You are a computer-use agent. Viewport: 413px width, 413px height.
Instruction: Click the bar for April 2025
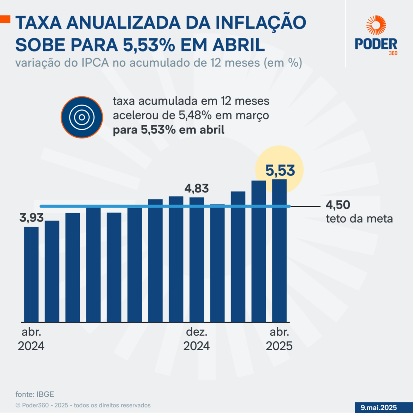pos(279,251)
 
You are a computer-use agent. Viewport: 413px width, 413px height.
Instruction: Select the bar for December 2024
pos(197,259)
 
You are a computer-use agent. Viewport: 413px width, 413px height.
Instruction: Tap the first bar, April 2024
pos(31,274)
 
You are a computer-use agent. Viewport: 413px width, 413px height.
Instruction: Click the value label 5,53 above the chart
pos(280,170)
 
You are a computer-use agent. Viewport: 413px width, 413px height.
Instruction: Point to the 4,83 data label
pos(197,188)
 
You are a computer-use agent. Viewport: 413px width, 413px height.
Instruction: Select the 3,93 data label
pos(31,218)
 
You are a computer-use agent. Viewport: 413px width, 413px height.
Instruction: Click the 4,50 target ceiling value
pos(338,205)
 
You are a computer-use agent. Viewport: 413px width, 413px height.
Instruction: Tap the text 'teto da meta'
pos(359,219)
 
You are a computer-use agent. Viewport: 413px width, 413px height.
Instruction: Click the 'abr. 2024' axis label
pos(31,339)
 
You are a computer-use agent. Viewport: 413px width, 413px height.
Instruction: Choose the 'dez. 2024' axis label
pos(197,339)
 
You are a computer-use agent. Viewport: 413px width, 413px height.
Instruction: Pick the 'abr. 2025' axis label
pos(279,339)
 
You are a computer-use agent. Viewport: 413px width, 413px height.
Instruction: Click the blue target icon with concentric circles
pos(82,117)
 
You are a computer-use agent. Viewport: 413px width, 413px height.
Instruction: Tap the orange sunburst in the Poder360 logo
pos(376,25)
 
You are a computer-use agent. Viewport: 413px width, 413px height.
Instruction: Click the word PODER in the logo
pos(376,44)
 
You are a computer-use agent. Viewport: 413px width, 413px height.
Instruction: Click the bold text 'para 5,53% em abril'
pos(168,130)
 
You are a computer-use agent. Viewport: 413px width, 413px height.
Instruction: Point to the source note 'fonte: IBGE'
pos(35,394)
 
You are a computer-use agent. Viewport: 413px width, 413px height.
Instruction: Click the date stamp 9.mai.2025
pos(379,407)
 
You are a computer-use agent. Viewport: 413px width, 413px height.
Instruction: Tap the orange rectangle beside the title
pos(5,19)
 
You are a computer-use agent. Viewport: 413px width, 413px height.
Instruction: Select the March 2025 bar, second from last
pos(258,251)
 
